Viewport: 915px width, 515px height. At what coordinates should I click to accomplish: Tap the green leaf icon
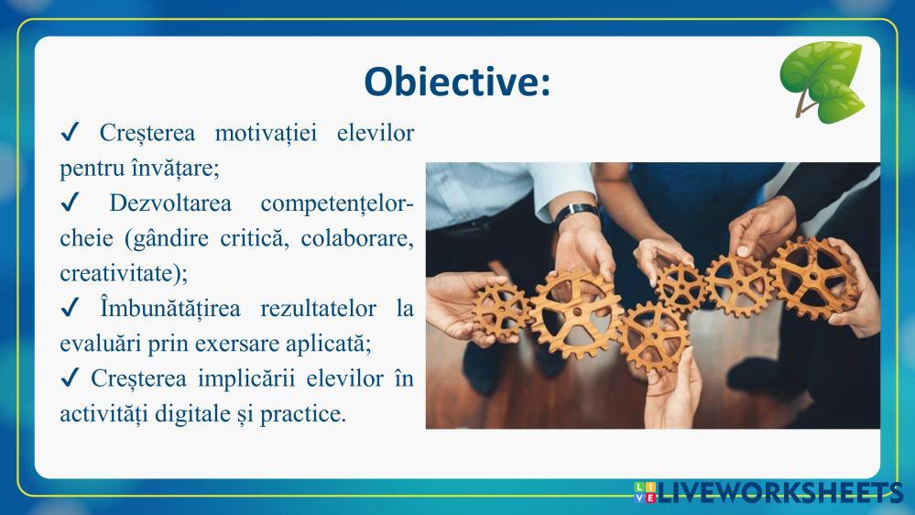[x=822, y=82]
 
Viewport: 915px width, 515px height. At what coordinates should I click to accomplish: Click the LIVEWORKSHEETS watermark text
[x=780, y=492]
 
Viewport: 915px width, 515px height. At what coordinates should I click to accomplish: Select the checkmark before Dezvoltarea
[x=70, y=203]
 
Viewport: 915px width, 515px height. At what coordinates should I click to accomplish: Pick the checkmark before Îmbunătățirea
[x=70, y=307]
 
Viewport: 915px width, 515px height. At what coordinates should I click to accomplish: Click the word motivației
[x=267, y=133]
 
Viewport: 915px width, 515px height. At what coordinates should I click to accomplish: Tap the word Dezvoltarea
[x=170, y=203]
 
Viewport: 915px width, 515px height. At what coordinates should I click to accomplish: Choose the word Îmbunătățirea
[x=170, y=308]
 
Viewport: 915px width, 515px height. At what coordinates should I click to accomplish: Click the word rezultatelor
[x=318, y=308]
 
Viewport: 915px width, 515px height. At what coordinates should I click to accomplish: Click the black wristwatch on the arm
[x=575, y=214]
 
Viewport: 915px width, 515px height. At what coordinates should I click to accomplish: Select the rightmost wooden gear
[x=813, y=278]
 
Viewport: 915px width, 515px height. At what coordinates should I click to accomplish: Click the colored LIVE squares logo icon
[x=645, y=492]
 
